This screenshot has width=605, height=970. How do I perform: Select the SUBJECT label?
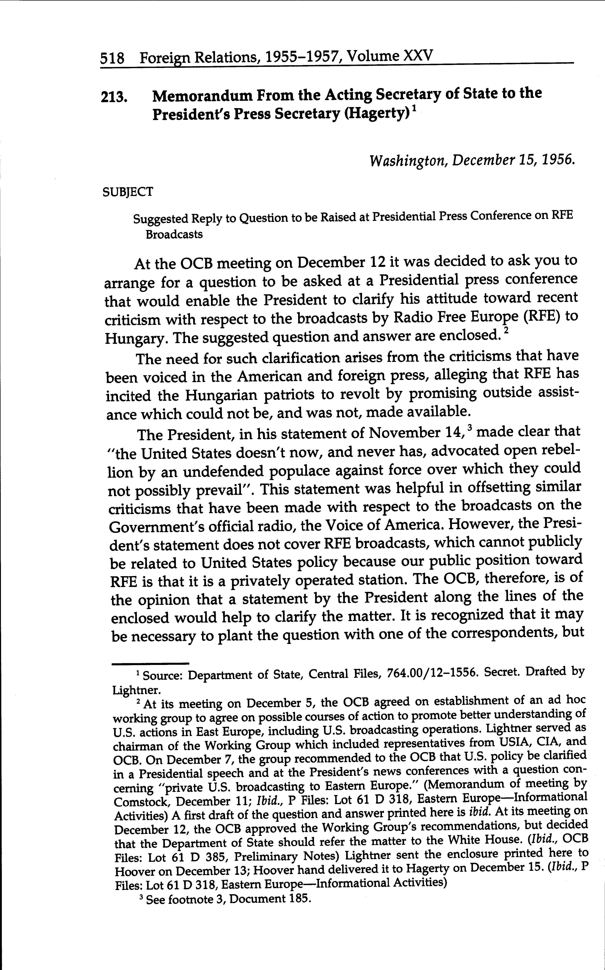coord(128,192)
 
